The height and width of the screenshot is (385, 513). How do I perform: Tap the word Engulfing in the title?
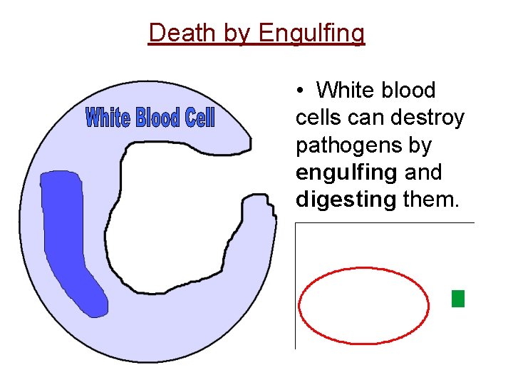[311, 33]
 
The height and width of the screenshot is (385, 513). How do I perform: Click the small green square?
[458, 299]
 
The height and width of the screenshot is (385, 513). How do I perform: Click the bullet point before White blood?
[302, 91]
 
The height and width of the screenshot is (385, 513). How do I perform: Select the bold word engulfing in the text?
[346, 173]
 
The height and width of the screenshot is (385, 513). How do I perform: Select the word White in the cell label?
[108, 118]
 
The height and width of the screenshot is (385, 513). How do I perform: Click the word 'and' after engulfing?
[423, 173]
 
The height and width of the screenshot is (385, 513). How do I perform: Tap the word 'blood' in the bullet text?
[408, 91]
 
